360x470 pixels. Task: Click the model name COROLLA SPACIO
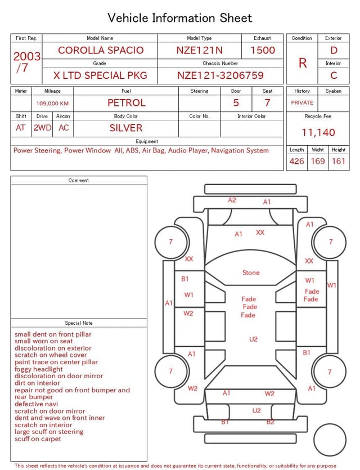(101, 50)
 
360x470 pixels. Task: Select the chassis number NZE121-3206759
(220, 75)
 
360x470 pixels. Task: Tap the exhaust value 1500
(263, 50)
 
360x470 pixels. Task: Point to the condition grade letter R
(303, 63)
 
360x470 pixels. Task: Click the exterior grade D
(334, 50)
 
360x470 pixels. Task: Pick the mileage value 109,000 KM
(52, 104)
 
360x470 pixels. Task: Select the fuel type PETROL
(127, 103)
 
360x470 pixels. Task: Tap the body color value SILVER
(126, 128)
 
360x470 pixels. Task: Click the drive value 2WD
(42, 128)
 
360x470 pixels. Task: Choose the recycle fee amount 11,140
(318, 132)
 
